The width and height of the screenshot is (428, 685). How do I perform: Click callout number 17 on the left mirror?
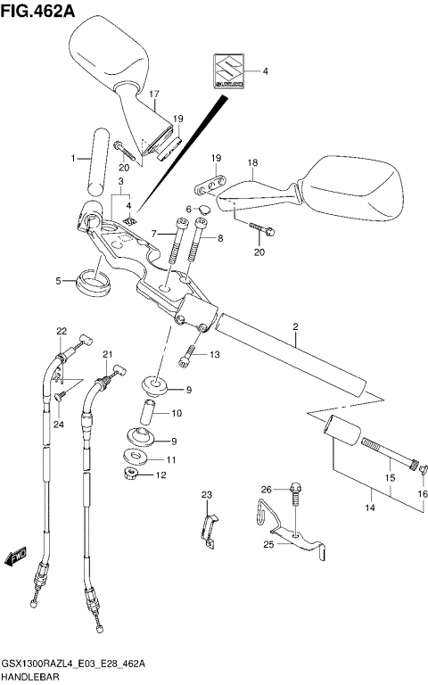pos(153,95)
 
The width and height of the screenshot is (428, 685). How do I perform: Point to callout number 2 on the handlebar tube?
pos(295,327)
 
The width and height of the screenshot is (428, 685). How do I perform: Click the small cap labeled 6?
pos(202,211)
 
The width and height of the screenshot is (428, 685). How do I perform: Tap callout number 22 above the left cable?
pos(62,332)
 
